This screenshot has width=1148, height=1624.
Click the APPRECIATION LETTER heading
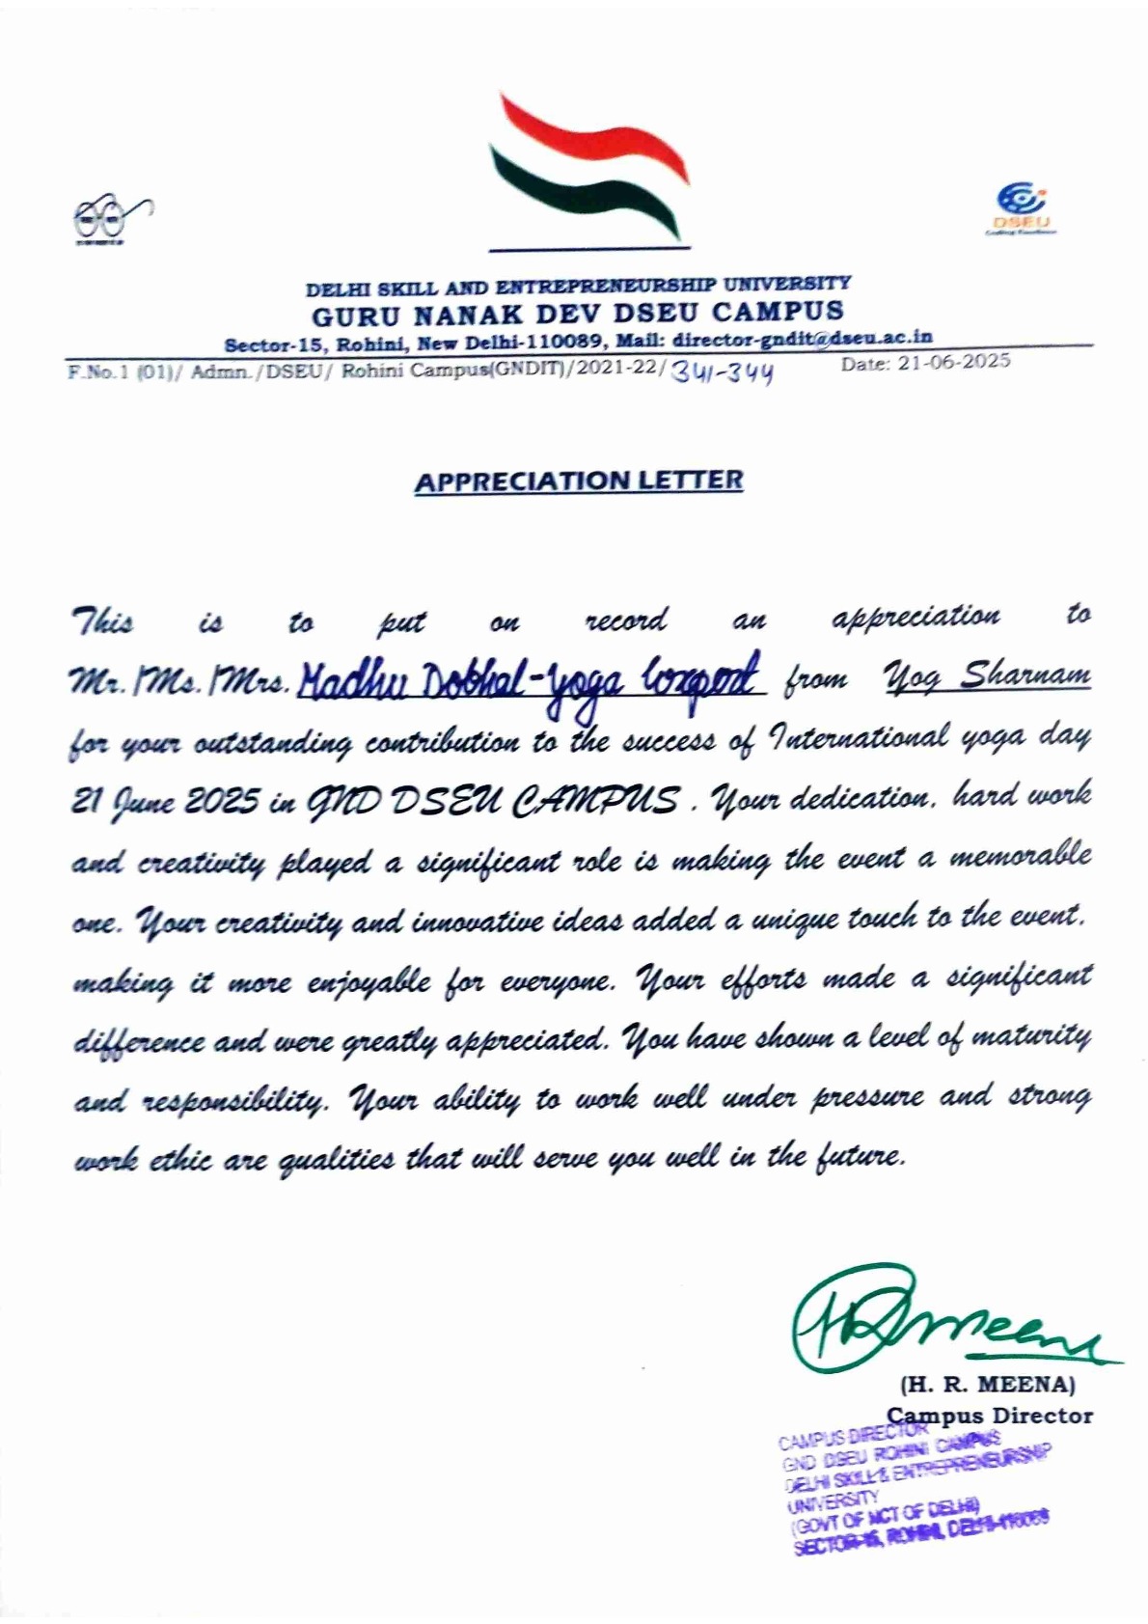tap(579, 481)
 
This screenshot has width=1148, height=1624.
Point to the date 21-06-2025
tap(924, 362)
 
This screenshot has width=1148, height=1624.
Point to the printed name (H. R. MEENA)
tap(986, 1383)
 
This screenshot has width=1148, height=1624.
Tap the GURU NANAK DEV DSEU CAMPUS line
tap(576, 312)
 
